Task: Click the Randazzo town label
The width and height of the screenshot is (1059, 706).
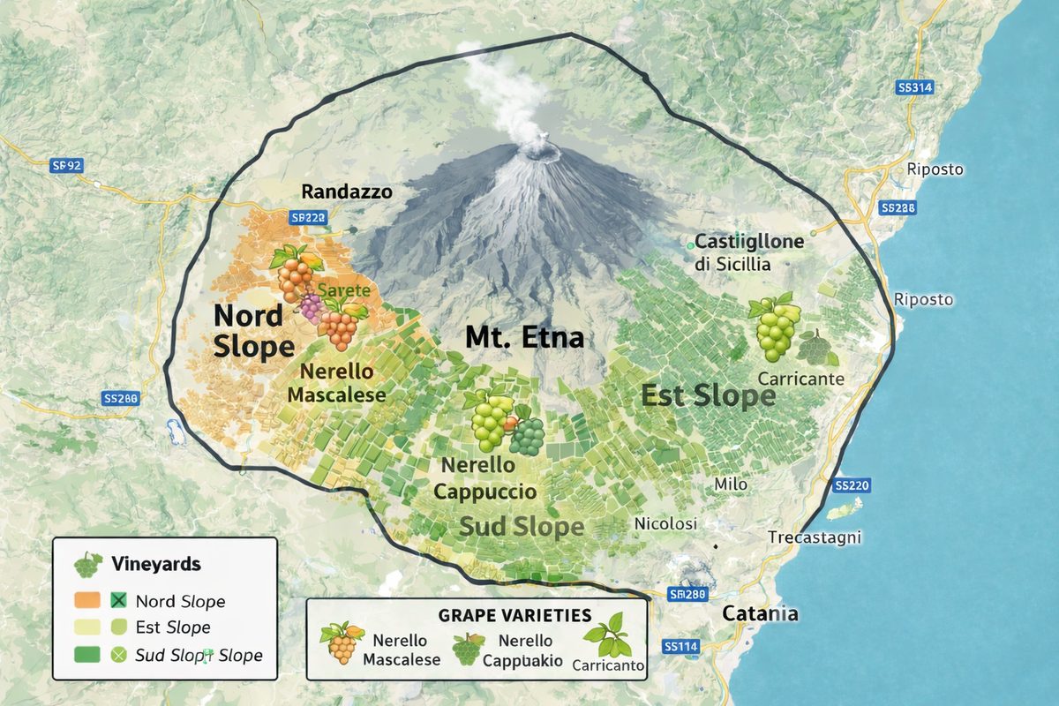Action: coord(347,192)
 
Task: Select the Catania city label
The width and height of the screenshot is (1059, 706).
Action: coord(760,614)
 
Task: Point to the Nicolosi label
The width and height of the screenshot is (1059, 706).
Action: coord(666,524)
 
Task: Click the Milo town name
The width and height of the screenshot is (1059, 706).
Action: coord(731,484)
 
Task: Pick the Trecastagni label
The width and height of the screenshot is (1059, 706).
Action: coord(815,537)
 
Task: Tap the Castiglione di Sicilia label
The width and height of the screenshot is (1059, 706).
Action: coord(749,252)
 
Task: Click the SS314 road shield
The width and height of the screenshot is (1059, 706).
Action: coord(914,88)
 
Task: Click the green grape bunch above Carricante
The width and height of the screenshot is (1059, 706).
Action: coord(774,327)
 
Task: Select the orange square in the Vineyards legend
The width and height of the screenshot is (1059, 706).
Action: coord(86,602)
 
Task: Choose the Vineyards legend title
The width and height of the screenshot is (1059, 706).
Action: coord(156,564)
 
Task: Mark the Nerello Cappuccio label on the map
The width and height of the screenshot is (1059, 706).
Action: coord(485,478)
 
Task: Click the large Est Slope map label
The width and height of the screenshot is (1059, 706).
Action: coord(708,396)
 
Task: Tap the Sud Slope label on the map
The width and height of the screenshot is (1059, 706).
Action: coord(521,527)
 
